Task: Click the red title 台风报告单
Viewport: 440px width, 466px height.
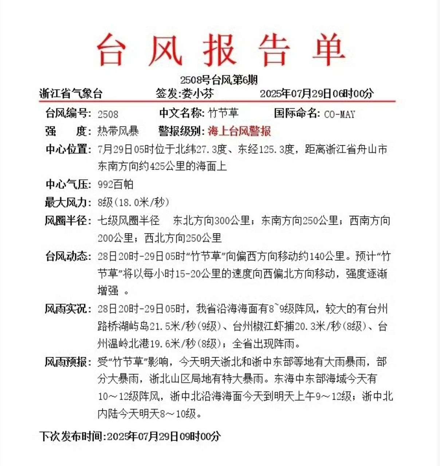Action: point(220,50)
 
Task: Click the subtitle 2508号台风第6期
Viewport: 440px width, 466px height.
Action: point(219,80)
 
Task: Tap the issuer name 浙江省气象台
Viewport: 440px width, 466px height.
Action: point(71,94)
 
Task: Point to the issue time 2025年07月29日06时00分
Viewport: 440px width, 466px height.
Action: point(317,94)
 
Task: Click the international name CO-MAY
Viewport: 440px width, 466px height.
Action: point(339,114)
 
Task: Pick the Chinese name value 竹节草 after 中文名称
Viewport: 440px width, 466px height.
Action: point(223,113)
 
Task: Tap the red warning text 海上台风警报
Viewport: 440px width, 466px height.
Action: point(239,131)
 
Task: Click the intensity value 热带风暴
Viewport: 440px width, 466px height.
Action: point(118,131)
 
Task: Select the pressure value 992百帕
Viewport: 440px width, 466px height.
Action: point(115,185)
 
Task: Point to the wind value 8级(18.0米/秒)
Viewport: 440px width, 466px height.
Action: point(133,202)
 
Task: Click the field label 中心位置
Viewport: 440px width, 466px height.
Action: point(67,149)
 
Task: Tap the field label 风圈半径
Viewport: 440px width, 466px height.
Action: point(67,220)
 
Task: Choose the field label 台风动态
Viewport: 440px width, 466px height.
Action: point(67,256)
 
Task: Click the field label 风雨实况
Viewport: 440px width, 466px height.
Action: point(67,309)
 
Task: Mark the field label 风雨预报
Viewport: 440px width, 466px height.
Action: point(67,362)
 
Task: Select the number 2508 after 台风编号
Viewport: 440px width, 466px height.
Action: point(108,114)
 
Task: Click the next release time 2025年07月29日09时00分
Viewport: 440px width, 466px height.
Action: point(164,436)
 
